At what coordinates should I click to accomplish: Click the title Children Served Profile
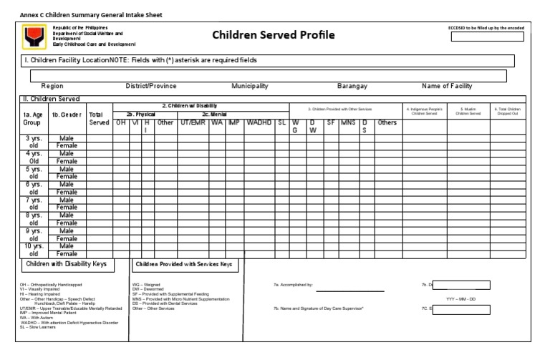pyautogui.click(x=273, y=35)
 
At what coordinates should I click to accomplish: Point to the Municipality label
pyautogui.click(x=250, y=86)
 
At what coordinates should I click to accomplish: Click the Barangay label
pyautogui.click(x=352, y=86)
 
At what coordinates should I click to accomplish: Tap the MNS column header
pyautogui.click(x=348, y=122)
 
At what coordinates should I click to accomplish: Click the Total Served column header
pyautogui.click(x=99, y=118)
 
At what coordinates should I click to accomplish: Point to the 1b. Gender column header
pyautogui.click(x=66, y=114)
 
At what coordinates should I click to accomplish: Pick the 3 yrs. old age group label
pyautogui.click(x=33, y=141)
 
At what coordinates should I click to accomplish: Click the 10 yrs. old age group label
pyautogui.click(x=33, y=249)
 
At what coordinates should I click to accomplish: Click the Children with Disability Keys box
pyautogui.click(x=66, y=264)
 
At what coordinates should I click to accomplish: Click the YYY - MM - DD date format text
pyautogui.click(x=465, y=298)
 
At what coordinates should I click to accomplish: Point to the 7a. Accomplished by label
pyautogui.click(x=294, y=284)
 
